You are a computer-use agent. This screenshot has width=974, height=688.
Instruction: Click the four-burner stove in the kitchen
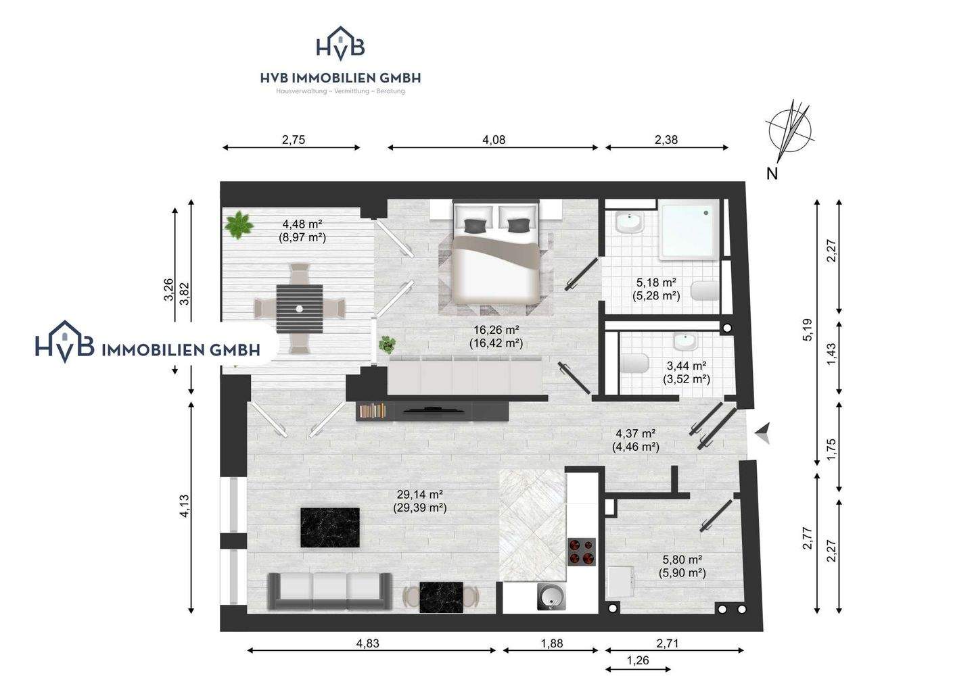click(x=582, y=551)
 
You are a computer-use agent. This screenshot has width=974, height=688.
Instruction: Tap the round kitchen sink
click(x=552, y=597)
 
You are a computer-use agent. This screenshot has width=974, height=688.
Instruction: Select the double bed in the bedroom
click(x=496, y=251)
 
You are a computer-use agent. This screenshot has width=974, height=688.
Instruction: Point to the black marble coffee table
click(x=330, y=527)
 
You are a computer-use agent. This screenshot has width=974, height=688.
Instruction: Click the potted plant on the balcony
click(x=239, y=224)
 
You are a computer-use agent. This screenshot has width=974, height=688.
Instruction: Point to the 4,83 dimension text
click(x=367, y=643)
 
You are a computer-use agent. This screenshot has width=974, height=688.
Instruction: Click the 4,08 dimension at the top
click(x=494, y=140)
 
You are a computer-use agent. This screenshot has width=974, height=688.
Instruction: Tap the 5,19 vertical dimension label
click(x=807, y=330)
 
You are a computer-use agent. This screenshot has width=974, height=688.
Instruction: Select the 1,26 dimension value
click(x=637, y=661)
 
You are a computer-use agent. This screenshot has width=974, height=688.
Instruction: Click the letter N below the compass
click(x=772, y=174)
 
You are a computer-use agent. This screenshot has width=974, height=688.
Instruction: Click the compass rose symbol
click(x=789, y=130)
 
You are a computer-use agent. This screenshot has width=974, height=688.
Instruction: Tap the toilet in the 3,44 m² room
click(x=636, y=364)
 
